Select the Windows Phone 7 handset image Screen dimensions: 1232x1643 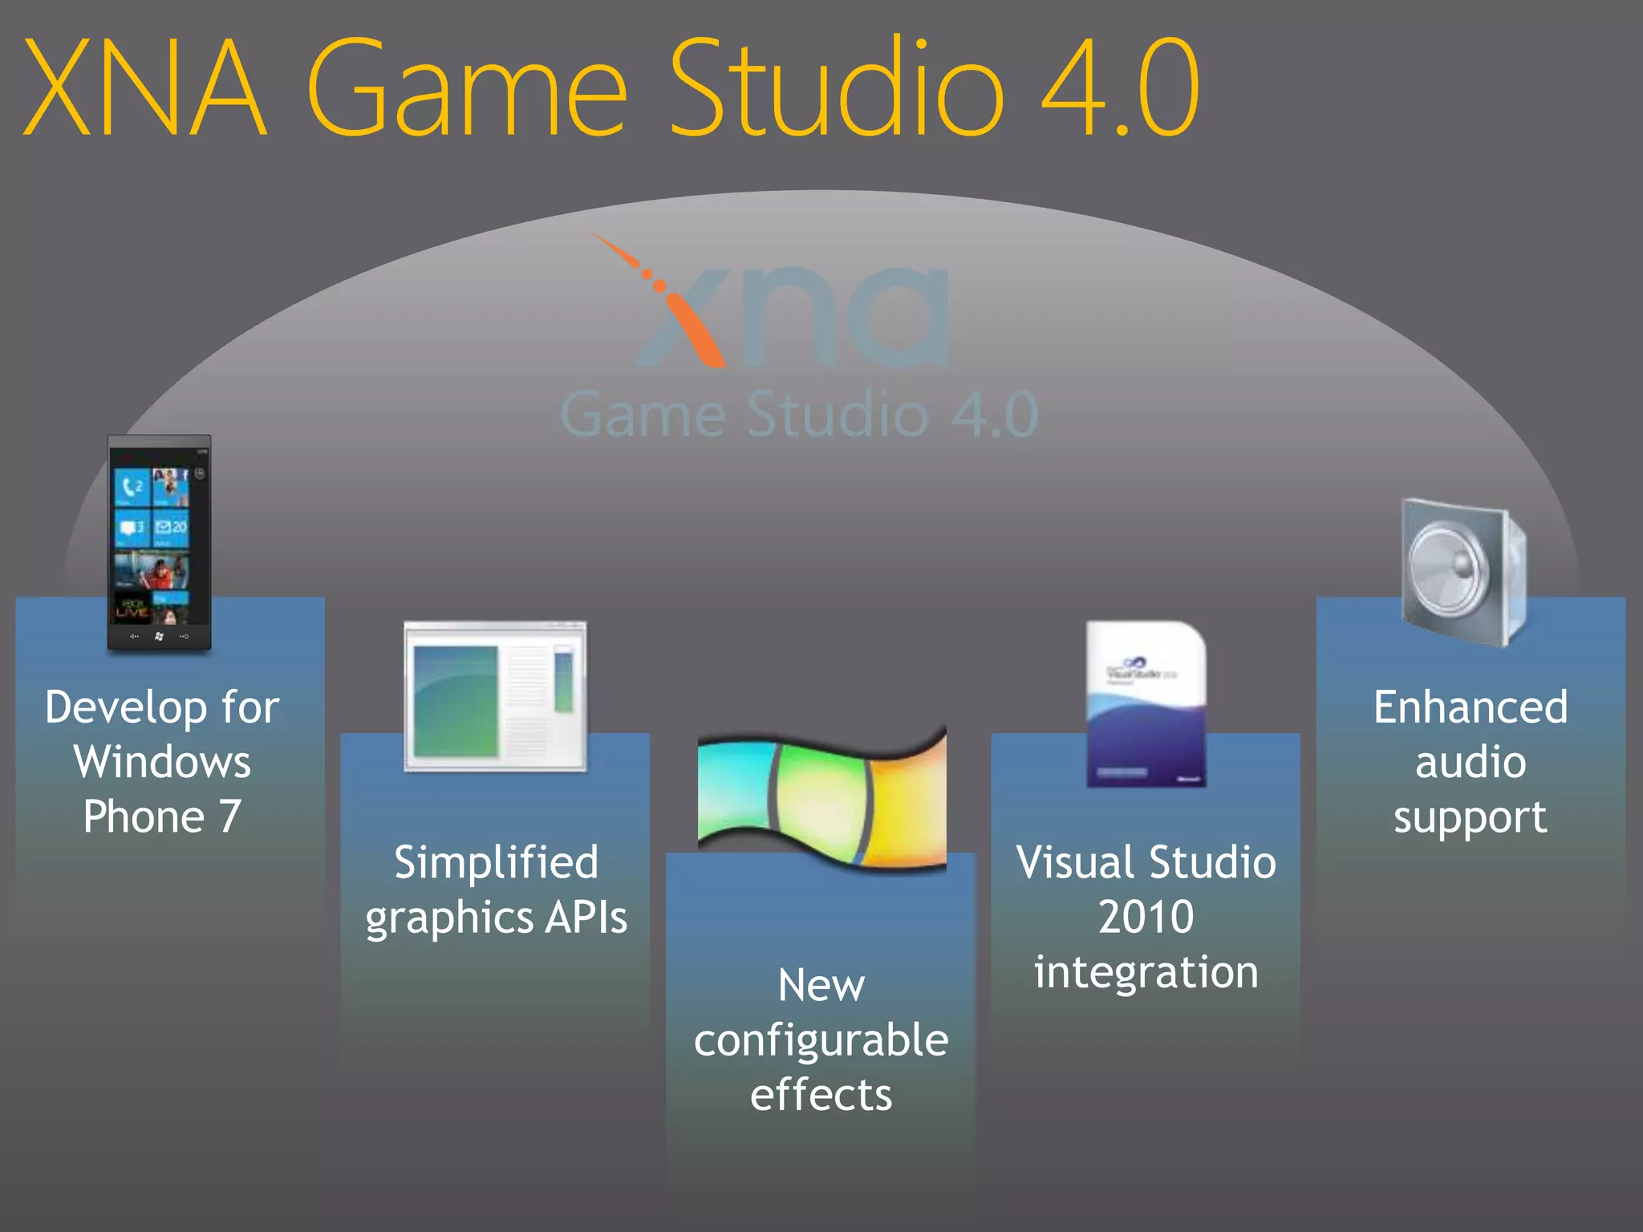coord(160,542)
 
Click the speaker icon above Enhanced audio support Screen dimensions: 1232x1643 coord(1463,571)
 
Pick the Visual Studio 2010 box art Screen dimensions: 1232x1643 coord(1146,703)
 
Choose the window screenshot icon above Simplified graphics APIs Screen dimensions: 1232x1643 coord(496,695)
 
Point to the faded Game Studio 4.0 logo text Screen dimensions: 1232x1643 coord(799,415)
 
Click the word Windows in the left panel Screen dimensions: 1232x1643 coord(163,762)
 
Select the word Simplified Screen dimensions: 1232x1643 coord(496,862)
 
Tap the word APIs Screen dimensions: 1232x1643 coord(586,917)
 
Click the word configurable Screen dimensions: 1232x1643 coord(821,1040)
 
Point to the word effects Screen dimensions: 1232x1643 coord(821,1095)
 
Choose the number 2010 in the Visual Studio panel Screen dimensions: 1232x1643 coord(1146,917)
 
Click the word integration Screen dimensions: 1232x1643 coord(1146,972)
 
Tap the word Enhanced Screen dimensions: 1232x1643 coord(1471,707)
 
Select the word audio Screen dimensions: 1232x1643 coord(1471,762)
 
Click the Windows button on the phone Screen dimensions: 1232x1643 coord(159,636)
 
